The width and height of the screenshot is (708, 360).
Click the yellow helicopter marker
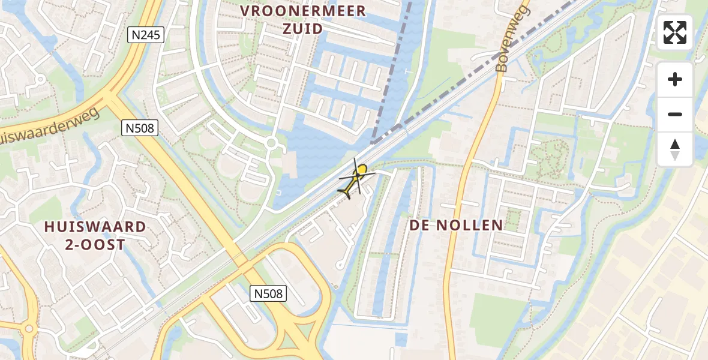[x=356, y=179]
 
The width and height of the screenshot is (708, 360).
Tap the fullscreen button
[x=675, y=32]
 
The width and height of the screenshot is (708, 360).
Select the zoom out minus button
[x=675, y=114]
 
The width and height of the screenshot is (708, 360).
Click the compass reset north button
[x=675, y=149]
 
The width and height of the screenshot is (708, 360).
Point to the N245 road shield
[x=146, y=35]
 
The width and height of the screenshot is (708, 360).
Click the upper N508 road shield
[x=141, y=127]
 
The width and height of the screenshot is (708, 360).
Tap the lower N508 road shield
[x=268, y=293]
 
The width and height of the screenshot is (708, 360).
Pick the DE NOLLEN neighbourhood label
[x=456, y=226]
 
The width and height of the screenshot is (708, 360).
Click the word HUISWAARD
[x=95, y=227]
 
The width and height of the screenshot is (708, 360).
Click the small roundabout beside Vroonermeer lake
[x=271, y=143]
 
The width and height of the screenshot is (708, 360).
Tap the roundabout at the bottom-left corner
[x=28, y=329]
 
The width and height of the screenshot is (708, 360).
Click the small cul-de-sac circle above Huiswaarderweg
[x=41, y=78]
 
